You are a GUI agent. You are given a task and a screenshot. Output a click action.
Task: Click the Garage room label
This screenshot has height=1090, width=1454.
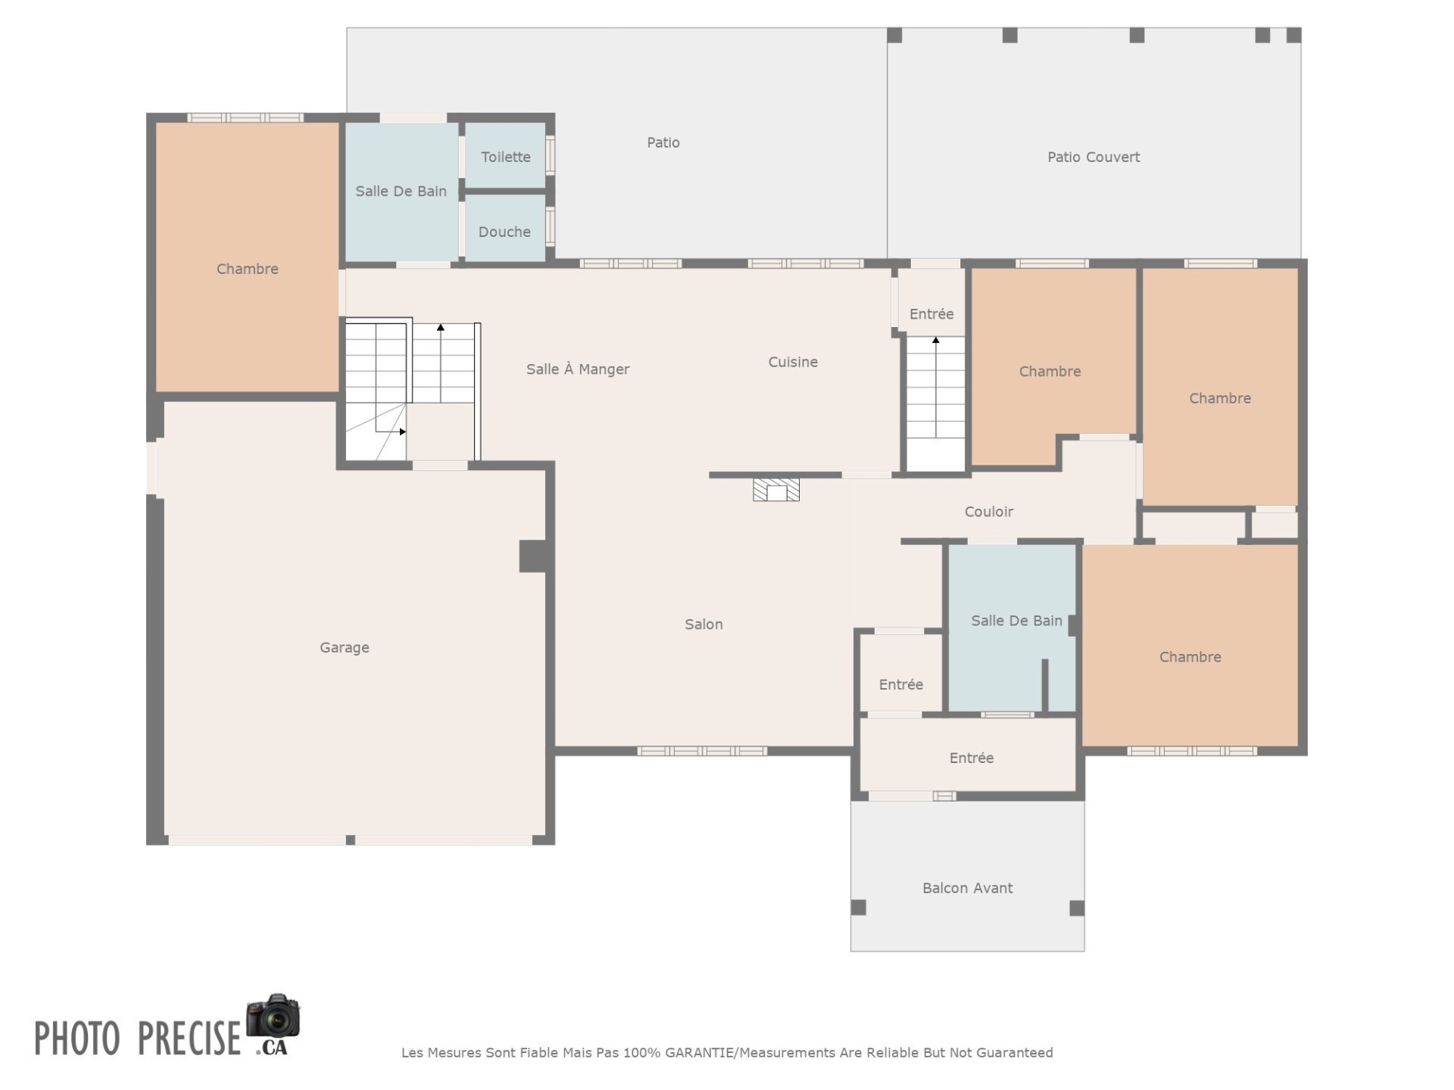(345, 647)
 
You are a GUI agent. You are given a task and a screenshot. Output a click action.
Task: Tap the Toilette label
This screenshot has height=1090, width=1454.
(506, 157)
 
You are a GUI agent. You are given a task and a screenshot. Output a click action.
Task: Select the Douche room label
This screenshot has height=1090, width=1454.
(504, 232)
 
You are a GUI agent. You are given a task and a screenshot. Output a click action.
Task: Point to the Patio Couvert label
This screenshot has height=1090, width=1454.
(1094, 157)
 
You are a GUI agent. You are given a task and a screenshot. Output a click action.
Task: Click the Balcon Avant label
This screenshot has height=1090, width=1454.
(967, 888)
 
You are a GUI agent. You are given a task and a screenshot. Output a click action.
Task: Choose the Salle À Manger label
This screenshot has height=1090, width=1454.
(578, 369)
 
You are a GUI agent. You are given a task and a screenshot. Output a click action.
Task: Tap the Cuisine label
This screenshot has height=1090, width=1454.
(793, 362)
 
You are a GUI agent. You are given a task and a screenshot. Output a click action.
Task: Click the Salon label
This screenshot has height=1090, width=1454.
(704, 624)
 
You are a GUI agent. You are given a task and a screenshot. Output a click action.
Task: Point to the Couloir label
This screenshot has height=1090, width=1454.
(989, 512)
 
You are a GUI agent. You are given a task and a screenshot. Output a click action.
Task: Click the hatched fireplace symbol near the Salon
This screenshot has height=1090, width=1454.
(776, 490)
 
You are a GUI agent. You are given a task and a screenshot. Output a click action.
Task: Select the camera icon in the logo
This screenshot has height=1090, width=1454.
(273, 1016)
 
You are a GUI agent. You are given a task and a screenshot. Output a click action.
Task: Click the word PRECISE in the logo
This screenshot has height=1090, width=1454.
(189, 1038)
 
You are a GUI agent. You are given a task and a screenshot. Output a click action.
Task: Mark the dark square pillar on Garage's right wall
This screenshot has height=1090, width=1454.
(533, 556)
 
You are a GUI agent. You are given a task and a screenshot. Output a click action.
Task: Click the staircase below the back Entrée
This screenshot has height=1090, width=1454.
(936, 403)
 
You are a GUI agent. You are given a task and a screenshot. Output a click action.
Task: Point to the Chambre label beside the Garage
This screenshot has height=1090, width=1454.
(248, 269)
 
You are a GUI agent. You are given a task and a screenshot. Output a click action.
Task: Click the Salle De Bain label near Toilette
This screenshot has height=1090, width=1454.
(401, 192)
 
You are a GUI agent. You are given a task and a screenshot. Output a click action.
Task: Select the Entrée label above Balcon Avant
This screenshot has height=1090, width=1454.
(972, 758)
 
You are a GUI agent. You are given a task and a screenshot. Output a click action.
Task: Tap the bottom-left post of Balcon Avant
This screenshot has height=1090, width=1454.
(858, 908)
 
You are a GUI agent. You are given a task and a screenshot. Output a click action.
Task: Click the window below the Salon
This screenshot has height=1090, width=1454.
(702, 751)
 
